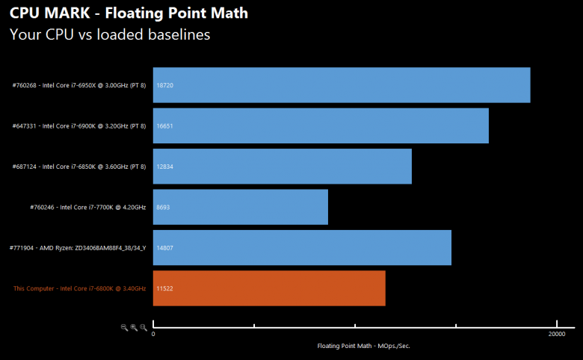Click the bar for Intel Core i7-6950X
click(x=342, y=85)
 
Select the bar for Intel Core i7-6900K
click(x=321, y=125)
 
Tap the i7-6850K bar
click(x=283, y=167)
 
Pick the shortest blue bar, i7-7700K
click(x=241, y=207)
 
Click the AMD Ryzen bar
click(x=302, y=247)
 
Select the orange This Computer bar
click(x=269, y=288)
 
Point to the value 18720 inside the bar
click(x=164, y=85)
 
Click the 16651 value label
click(x=164, y=125)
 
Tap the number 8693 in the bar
click(x=163, y=207)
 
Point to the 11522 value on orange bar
click(x=164, y=288)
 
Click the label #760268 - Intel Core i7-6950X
click(x=79, y=85)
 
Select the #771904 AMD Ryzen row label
click(x=78, y=247)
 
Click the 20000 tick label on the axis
click(x=556, y=335)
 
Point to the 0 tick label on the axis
click(x=153, y=335)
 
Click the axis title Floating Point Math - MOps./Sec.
click(x=364, y=346)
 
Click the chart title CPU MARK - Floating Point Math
click(x=129, y=13)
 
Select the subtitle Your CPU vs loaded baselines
click(x=110, y=34)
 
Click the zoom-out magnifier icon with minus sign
click(x=125, y=327)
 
